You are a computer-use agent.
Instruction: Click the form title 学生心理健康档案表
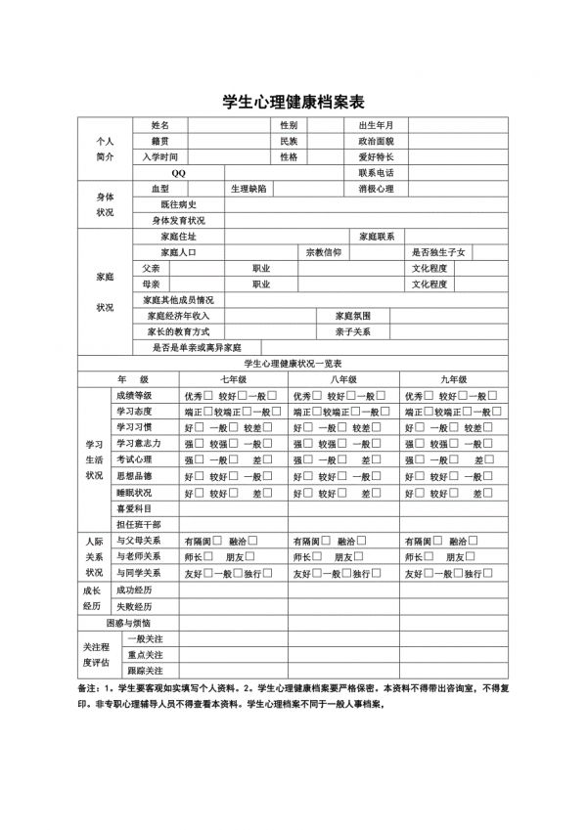293,102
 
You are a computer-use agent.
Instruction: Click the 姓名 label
160,126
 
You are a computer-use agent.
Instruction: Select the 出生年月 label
377,126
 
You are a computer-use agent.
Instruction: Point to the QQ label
178,173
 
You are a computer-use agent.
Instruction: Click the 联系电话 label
377,173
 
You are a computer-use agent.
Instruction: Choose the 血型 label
160,189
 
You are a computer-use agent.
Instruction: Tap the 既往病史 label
178,204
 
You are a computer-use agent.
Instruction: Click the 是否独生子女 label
440,252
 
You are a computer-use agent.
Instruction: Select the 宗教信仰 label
324,252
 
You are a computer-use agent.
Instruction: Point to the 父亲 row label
151,268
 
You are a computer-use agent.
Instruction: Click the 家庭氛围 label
353,316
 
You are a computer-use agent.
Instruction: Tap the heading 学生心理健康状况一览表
293,363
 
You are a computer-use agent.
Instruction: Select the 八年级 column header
343,378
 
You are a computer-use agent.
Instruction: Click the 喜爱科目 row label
134,508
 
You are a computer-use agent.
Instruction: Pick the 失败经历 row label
134,606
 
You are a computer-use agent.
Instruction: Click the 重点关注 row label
145,654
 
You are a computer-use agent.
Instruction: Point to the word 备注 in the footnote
88,688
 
